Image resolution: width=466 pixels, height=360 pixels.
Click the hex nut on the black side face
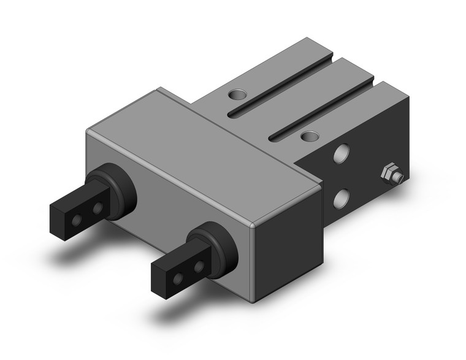pyautogui.click(x=388, y=174)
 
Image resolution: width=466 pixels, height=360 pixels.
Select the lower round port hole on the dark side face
pyautogui.click(x=341, y=197)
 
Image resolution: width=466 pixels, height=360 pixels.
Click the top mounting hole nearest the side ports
pyautogui.click(x=310, y=136)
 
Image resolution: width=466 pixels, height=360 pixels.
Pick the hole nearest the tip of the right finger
pyautogui.click(x=178, y=278)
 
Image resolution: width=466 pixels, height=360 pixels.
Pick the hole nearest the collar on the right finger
pyautogui.click(x=198, y=267)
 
